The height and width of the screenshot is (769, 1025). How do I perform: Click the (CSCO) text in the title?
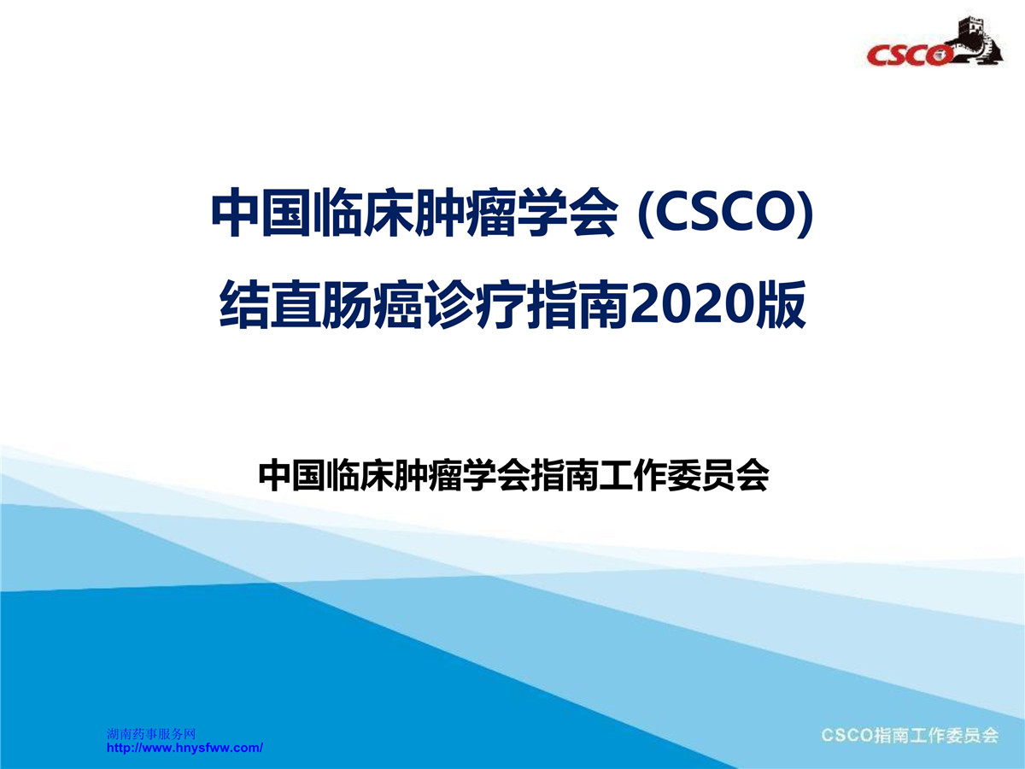(x=726, y=213)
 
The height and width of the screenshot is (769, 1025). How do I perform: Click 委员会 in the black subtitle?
(x=717, y=476)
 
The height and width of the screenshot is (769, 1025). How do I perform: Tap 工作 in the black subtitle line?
(x=633, y=476)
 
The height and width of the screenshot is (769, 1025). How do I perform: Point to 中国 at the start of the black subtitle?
(x=293, y=476)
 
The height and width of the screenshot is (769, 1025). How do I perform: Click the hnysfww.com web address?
(x=184, y=748)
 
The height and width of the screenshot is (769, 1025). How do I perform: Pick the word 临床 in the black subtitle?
(x=360, y=476)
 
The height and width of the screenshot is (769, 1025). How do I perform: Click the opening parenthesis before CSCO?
(x=646, y=214)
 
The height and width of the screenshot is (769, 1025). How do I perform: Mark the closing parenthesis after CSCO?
(x=806, y=214)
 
